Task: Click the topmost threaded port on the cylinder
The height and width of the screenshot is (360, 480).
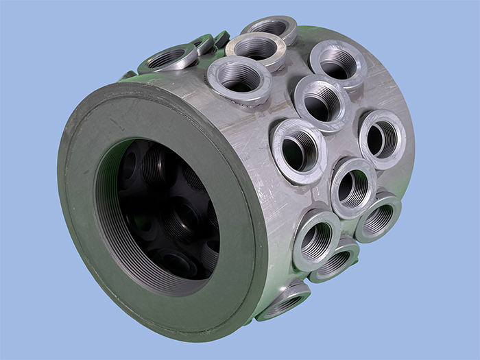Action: [269, 29]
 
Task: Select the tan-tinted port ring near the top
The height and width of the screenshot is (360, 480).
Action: [256, 49]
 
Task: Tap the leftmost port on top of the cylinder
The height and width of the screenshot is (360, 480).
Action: [167, 59]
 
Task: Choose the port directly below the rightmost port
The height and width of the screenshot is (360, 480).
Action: [378, 216]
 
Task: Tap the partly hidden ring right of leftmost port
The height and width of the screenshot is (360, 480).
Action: [202, 45]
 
